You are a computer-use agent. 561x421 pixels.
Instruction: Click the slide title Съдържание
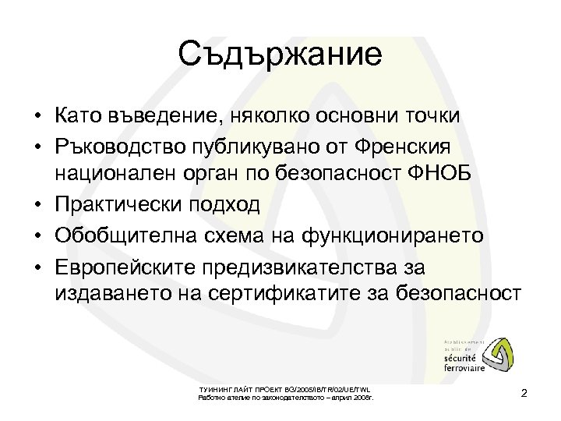point(280,55)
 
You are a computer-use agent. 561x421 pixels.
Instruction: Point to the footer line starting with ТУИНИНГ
point(286,388)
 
